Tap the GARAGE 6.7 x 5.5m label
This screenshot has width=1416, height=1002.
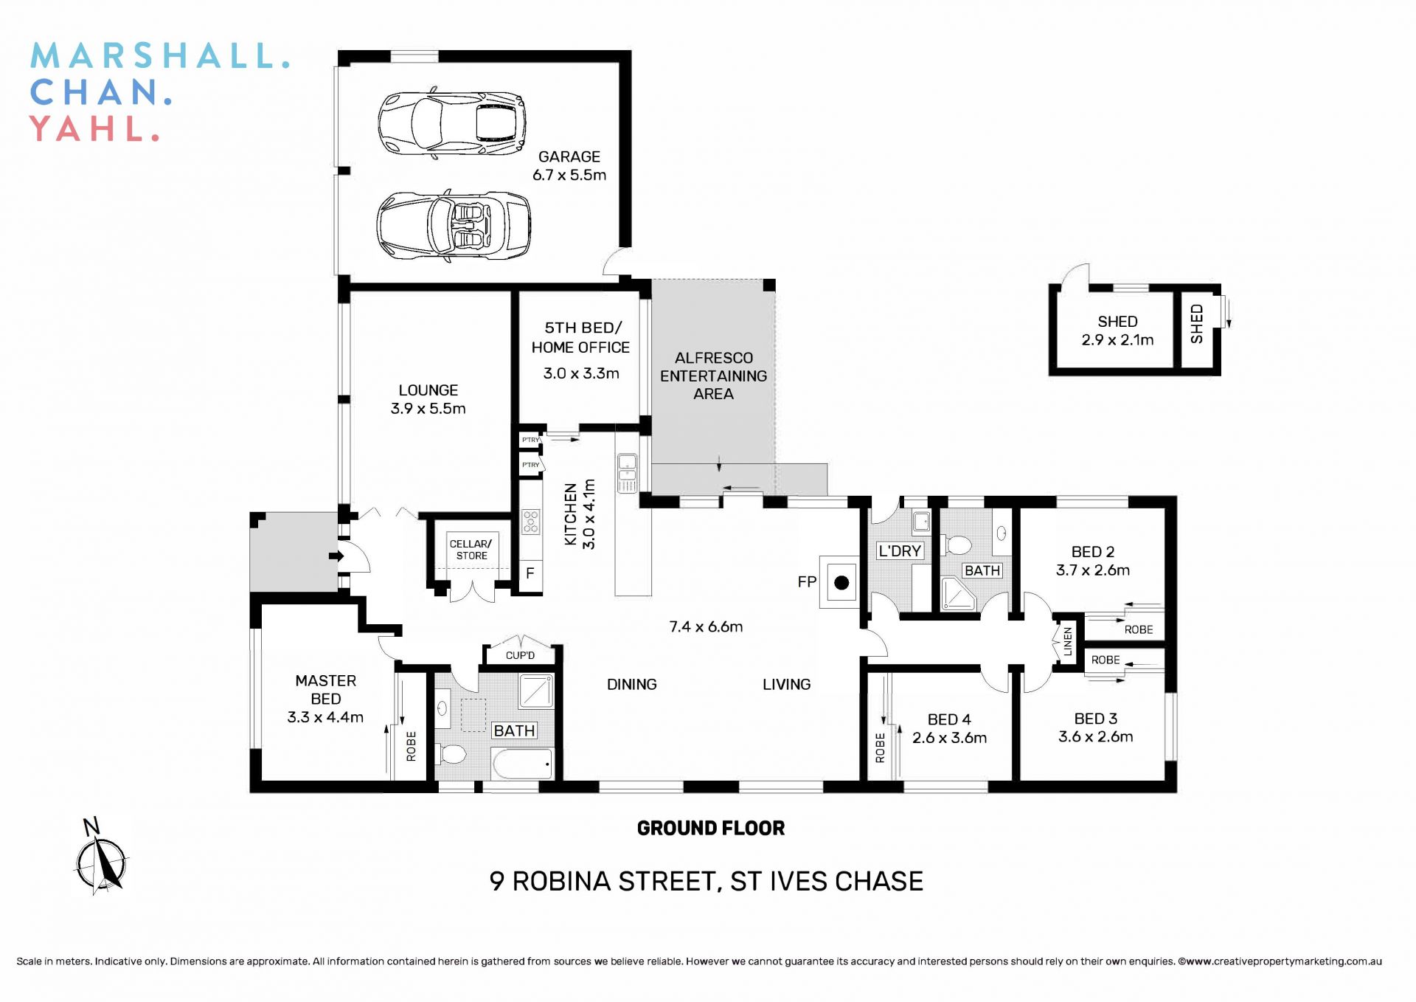pyautogui.click(x=569, y=166)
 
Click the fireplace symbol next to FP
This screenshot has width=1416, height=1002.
pyautogui.click(x=841, y=583)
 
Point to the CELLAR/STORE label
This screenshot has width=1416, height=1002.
pyautogui.click(x=471, y=550)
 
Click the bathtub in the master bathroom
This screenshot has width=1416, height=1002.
pyautogui.click(x=523, y=764)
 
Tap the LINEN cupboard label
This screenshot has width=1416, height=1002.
pyautogui.click(x=1067, y=642)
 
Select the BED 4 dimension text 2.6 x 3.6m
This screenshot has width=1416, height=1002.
pyautogui.click(x=949, y=738)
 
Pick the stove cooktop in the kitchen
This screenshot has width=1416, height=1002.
pyautogui.click(x=530, y=522)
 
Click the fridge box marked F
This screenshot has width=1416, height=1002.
pyautogui.click(x=530, y=573)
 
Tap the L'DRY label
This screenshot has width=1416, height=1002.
pyautogui.click(x=899, y=550)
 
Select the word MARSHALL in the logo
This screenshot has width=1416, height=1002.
pyautogui.click(x=159, y=56)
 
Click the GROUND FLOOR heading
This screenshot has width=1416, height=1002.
pyautogui.click(x=710, y=828)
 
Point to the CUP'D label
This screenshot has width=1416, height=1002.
pyautogui.click(x=520, y=655)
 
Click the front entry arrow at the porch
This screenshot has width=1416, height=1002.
pyautogui.click(x=336, y=556)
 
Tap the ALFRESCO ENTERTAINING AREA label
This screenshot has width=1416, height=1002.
pyautogui.click(x=713, y=376)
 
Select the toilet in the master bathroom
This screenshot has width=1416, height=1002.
pyautogui.click(x=451, y=754)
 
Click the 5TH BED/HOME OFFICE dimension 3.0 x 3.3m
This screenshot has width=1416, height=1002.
pyautogui.click(x=580, y=373)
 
